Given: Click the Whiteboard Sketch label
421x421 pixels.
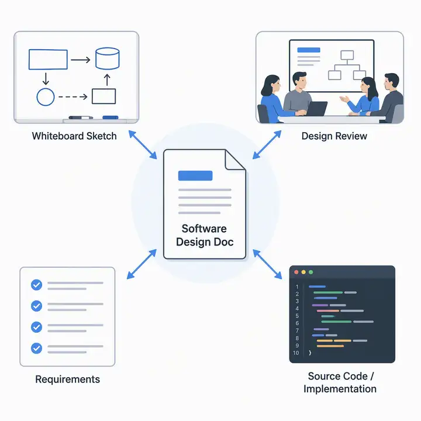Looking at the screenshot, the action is tap(74, 136).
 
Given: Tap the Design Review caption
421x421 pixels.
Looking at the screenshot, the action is tap(334, 136).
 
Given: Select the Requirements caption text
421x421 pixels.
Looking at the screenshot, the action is tap(68, 379).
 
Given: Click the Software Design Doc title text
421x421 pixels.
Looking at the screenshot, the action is tap(205, 235).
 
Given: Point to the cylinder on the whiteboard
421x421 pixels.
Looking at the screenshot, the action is tap(108, 58).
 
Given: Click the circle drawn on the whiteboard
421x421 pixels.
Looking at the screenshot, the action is tap(46, 97).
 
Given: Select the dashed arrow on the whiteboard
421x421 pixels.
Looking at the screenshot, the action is tap(73, 97).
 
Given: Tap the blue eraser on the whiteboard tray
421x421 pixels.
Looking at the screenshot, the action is tap(111, 118).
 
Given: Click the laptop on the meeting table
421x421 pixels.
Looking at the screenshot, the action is tap(317, 109).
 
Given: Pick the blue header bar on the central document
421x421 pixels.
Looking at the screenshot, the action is tap(195, 175).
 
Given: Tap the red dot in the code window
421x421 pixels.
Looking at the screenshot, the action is tap(296, 272).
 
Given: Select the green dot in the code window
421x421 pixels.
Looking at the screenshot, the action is tap(311, 272).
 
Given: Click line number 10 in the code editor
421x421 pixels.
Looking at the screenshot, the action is tap(296, 353).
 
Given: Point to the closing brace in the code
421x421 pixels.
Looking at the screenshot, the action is tap(310, 353).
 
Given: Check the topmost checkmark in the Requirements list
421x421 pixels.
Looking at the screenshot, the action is tap(36, 285).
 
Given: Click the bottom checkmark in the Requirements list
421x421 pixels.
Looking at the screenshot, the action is tap(36, 348).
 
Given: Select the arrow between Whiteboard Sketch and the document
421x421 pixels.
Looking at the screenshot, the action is tap(143, 145).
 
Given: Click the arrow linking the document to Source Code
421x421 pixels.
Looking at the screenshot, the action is tap(267, 264).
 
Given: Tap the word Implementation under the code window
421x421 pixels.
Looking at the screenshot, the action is tap(340, 389).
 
